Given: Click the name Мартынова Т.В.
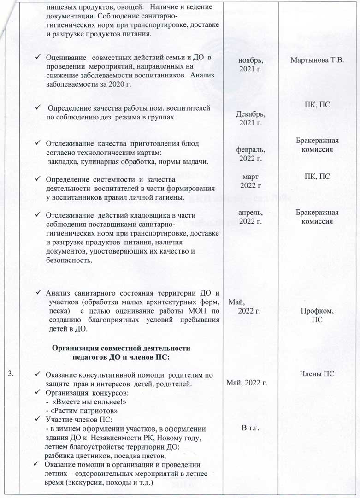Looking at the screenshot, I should [x=318, y=60].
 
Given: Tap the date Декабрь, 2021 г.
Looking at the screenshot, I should [x=251, y=119].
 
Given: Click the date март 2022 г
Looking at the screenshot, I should [x=251, y=181].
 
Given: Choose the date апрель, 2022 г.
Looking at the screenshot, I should [x=251, y=217].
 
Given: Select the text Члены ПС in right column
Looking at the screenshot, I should [x=318, y=373].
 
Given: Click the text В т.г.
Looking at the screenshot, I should [x=251, y=428].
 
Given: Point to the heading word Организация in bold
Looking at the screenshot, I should [x=81, y=348].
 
